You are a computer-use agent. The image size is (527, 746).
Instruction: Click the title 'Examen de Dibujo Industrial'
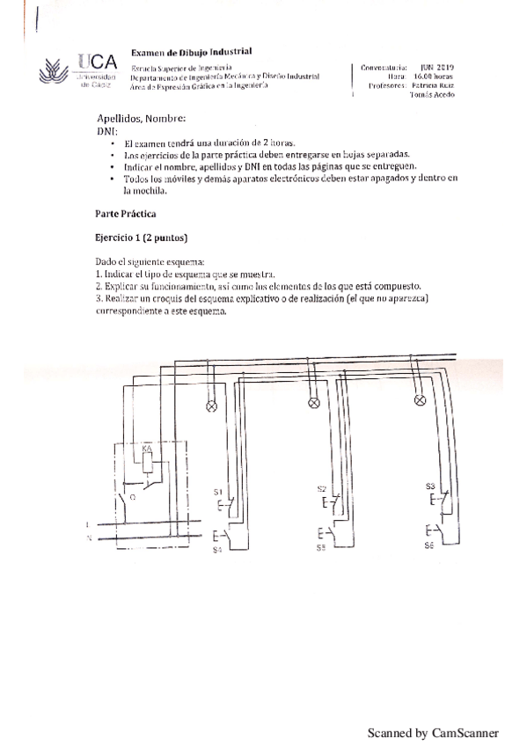click(191, 53)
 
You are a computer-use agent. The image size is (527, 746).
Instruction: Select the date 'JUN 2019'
click(436, 67)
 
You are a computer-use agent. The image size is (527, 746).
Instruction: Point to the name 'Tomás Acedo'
click(432, 95)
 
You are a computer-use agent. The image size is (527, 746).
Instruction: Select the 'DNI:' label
click(106, 129)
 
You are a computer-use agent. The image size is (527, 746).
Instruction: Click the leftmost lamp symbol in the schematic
click(211, 406)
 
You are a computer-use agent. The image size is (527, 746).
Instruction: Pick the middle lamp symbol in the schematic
click(313, 405)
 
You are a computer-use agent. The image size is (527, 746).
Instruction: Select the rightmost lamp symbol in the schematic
click(420, 402)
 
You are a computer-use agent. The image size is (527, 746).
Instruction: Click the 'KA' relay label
click(147, 450)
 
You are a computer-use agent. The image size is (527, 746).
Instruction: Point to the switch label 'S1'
click(218, 490)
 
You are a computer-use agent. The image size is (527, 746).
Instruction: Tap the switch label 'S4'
click(217, 550)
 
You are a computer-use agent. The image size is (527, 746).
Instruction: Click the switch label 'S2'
click(321, 488)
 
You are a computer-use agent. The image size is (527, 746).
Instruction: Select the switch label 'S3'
click(429, 486)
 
